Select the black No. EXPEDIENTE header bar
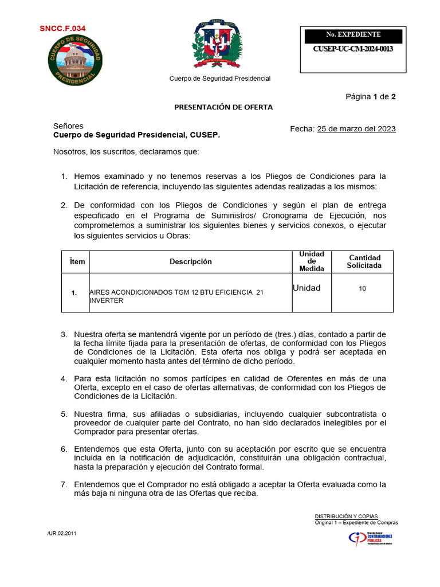(x=353, y=35)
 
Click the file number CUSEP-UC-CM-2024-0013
(x=353, y=49)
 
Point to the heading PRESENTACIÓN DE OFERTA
(x=215, y=107)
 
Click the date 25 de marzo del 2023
(x=356, y=129)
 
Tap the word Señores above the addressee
(x=68, y=126)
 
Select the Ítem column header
(x=77, y=262)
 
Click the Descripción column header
(x=190, y=262)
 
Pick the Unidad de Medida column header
(x=311, y=261)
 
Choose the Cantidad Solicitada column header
(x=364, y=261)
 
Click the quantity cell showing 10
(x=362, y=289)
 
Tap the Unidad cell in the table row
(x=307, y=288)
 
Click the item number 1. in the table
(x=74, y=293)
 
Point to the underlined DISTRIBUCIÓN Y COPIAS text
(x=346, y=516)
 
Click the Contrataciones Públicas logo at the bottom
(x=370, y=538)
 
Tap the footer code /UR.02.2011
(x=62, y=533)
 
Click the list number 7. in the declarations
(x=64, y=484)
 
